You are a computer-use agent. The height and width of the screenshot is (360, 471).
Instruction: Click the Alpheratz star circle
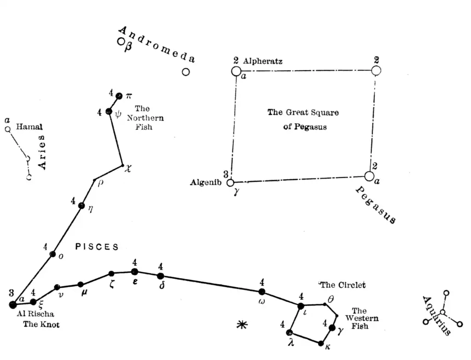[x=236, y=71]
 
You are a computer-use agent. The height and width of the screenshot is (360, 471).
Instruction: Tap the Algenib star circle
[x=230, y=183]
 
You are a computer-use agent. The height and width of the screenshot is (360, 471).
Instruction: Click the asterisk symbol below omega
[x=241, y=325]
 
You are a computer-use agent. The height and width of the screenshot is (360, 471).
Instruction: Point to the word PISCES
[x=97, y=247]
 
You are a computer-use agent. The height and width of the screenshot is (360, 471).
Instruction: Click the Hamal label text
[x=29, y=127]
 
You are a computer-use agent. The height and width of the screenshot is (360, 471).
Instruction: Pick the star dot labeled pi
[x=119, y=96]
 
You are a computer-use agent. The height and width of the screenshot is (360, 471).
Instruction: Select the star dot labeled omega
[x=262, y=291]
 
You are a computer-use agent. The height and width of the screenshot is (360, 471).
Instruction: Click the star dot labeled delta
[x=161, y=276]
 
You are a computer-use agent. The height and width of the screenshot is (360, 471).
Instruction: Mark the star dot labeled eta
[x=82, y=205]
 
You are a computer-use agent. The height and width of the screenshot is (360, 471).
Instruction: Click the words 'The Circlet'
[x=343, y=285]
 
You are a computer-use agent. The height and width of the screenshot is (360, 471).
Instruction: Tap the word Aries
[x=42, y=152]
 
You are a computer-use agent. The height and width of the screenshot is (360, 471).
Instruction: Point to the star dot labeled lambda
[x=289, y=332]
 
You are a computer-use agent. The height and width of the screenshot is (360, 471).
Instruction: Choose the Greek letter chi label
[x=128, y=169]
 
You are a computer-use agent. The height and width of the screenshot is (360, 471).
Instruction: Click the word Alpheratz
[x=263, y=61]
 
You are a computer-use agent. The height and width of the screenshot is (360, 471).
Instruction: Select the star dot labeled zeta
[x=111, y=273]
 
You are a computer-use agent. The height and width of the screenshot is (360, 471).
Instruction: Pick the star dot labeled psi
[x=109, y=111]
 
